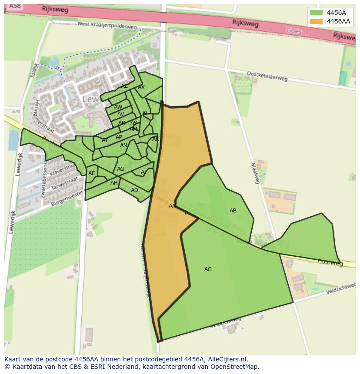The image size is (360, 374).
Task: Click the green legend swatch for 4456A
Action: [x=317, y=13]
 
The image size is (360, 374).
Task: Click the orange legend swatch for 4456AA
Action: [x=317, y=21]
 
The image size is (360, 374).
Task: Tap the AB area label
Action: [x=233, y=211]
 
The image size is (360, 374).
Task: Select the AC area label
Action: [x=208, y=269]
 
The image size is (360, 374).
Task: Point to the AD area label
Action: [x=134, y=190]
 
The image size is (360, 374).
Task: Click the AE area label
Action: [x=92, y=173]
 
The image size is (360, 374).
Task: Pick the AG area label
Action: [x=121, y=169]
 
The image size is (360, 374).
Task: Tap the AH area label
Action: [x=114, y=183]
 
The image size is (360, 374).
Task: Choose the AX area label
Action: [x=141, y=87]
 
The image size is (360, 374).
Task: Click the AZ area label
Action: [x=124, y=86]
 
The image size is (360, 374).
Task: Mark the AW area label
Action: [x=118, y=107]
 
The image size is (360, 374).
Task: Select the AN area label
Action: [x=124, y=146]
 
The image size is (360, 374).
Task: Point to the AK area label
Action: [x=156, y=139]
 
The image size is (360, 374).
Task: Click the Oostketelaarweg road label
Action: [x=267, y=76]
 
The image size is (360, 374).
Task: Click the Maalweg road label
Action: [x=255, y=173]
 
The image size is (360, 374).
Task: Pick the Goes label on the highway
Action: [x=294, y=31]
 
